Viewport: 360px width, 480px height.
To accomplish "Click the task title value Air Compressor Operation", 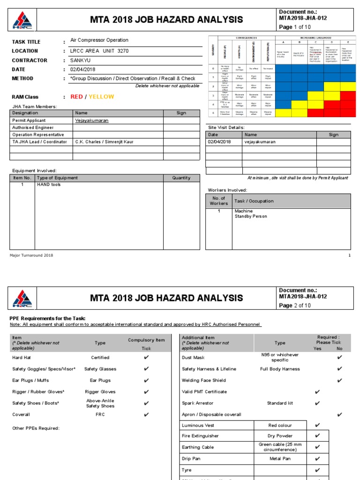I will tap(99, 40).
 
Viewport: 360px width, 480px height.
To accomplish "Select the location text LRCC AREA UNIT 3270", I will tap(99, 51).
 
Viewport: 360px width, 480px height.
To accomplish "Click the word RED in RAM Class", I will tap(76, 97).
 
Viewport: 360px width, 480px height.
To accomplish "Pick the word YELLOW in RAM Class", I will tap(101, 97).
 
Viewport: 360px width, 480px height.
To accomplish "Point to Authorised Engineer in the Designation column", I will tap(33, 127).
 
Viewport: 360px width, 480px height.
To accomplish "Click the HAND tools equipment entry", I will tap(49, 185).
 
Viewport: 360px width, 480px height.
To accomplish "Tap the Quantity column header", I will tap(181, 178).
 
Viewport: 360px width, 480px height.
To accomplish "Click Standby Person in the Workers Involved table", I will tap(251, 217).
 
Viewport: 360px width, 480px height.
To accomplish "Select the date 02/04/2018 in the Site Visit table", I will tap(219, 142).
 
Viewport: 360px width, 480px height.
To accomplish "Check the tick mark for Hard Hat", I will tap(146, 358).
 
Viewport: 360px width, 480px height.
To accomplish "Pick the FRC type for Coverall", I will tap(100, 414).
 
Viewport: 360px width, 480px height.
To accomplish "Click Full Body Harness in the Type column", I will tap(280, 369).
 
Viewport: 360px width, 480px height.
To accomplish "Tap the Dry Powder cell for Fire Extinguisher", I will tap(280, 436).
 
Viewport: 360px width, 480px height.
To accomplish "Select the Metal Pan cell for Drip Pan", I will tap(280, 458).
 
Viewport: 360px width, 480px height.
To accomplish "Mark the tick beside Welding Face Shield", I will tap(339, 380).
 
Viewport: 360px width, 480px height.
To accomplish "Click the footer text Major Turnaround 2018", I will tap(31, 255).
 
